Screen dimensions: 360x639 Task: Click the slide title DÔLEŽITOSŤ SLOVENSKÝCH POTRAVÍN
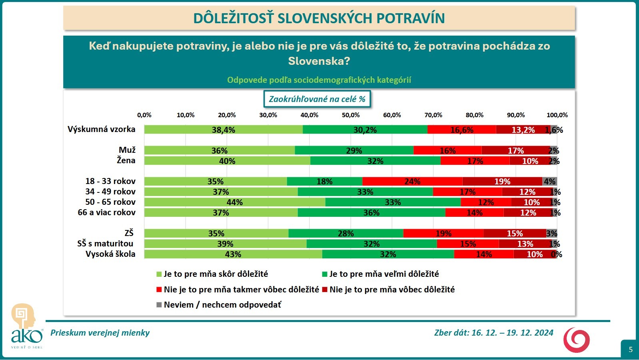[319, 18]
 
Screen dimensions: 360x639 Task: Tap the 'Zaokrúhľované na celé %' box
[317, 99]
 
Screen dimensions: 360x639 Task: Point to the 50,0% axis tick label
[351, 115]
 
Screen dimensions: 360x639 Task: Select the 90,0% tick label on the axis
[516, 115]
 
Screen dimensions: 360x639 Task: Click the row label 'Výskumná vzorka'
[102, 129]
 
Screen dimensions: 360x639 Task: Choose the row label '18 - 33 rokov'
[110, 181]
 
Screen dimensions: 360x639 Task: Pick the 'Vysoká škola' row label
[110, 254]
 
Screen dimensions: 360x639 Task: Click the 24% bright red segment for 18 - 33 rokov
[412, 182]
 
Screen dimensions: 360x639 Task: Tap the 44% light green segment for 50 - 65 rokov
[235, 202]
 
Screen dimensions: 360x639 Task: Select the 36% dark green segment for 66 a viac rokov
[371, 213]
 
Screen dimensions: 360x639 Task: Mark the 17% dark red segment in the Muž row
[515, 151]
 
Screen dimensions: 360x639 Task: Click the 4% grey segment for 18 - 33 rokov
[549, 182]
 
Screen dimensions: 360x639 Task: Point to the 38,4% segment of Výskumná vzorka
[224, 130]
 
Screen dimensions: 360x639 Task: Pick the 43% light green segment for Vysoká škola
[233, 254]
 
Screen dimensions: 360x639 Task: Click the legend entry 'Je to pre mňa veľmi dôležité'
[384, 274]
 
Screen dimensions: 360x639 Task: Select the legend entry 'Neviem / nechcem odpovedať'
[222, 305]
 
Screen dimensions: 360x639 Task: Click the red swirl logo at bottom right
[576, 340]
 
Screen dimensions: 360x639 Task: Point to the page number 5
[631, 349]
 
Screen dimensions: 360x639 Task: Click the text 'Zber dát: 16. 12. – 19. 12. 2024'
[493, 333]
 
